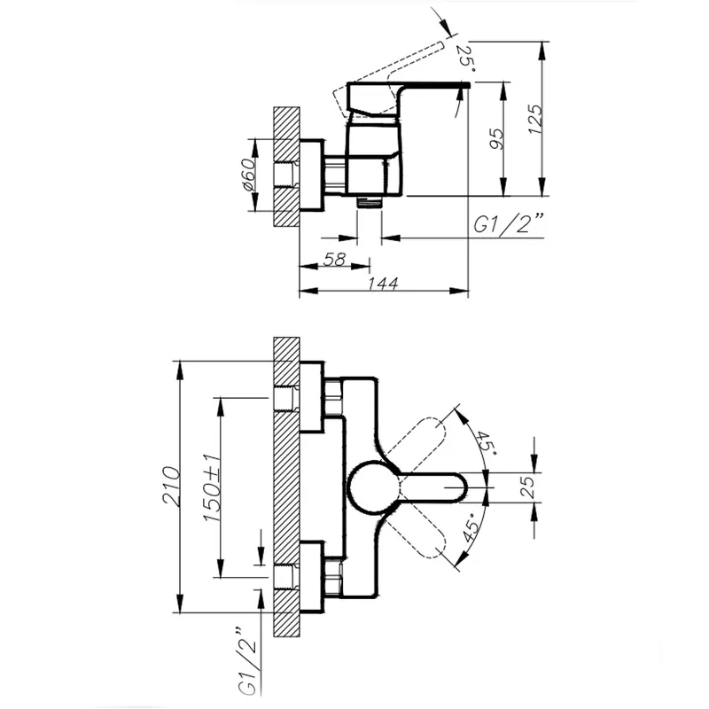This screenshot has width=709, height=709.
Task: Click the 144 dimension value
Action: pos(383,284)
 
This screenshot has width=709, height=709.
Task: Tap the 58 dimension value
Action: pos(335,259)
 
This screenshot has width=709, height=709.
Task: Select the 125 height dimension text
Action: pos(535,119)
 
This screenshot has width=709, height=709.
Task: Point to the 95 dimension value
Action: pos(496,139)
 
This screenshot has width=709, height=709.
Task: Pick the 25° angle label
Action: pos(465,58)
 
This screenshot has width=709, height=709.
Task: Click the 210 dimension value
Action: pos(172,486)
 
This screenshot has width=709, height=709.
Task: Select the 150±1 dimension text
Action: pos(212,487)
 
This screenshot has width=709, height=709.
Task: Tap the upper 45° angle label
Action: pos(485,442)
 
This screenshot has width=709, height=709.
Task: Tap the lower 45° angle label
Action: pos(471,527)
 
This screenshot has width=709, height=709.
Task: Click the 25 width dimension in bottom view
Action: pos(527,487)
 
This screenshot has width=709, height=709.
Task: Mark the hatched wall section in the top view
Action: pos(286,167)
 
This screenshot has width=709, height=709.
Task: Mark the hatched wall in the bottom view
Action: pos(286,487)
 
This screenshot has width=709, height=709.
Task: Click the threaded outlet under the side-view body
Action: pos(370,202)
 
